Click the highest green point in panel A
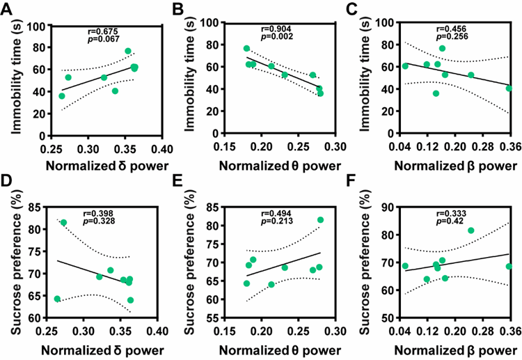(128, 51)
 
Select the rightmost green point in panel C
(509, 88)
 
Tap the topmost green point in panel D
(63, 223)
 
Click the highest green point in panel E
(321, 220)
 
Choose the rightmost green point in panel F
(509, 266)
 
